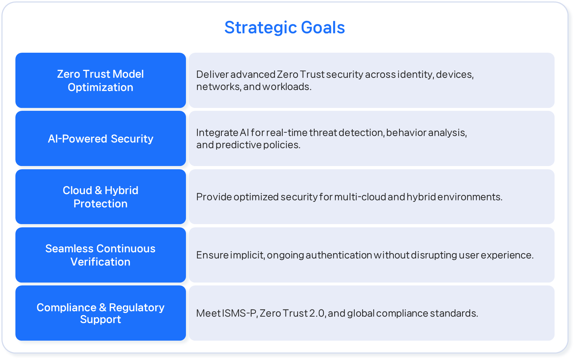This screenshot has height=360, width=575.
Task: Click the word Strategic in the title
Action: (x=260, y=28)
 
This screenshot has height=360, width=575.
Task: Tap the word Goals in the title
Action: (x=323, y=27)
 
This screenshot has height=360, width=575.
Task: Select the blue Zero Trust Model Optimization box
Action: (x=101, y=80)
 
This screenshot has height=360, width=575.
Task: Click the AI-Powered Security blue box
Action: (x=101, y=138)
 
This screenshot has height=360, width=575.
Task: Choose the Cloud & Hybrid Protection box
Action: (x=101, y=196)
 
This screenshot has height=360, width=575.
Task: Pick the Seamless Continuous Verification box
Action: (x=101, y=255)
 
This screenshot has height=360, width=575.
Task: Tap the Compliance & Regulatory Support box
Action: (x=101, y=313)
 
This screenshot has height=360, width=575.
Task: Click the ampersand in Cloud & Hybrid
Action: (x=98, y=190)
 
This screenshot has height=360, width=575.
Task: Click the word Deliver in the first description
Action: (x=212, y=75)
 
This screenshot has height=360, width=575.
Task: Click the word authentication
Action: (x=339, y=255)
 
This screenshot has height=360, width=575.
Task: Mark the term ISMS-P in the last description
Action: (x=240, y=313)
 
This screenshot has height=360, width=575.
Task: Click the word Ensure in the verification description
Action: (x=212, y=255)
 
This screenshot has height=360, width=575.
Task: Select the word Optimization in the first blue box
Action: (x=101, y=87)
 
